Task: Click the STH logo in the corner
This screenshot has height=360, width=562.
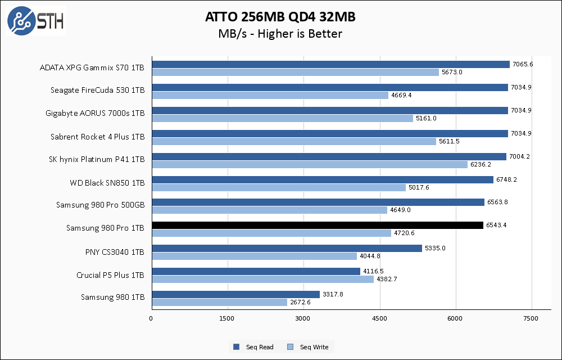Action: tap(35, 21)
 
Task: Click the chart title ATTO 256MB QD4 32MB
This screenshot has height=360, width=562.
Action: tap(280, 17)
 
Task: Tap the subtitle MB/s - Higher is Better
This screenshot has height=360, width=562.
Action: tap(280, 34)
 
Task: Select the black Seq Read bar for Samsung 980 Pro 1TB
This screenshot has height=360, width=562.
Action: tap(317, 225)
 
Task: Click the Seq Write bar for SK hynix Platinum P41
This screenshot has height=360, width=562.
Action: tap(309, 164)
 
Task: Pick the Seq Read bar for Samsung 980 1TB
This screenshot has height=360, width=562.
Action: tap(235, 294)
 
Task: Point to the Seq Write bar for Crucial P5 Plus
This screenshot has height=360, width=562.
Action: tap(262, 279)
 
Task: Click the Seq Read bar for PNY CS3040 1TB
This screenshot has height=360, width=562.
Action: tap(287, 248)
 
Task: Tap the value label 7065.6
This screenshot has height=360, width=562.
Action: tap(522, 64)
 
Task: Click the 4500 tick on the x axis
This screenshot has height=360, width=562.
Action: tap(380, 319)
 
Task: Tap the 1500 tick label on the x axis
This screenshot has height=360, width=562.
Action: tap(228, 319)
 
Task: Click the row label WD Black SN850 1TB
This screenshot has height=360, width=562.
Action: tap(107, 182)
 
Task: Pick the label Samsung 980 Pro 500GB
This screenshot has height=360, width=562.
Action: tap(100, 205)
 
